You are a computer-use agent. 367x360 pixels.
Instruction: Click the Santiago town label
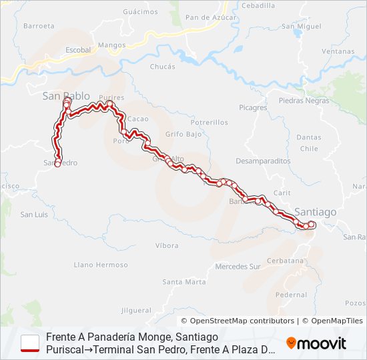pos(316,211)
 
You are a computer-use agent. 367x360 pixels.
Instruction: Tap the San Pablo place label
pos(66,96)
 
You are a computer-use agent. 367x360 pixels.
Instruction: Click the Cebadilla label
pos(258,5)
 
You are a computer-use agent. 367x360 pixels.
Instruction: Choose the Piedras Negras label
pos(304,101)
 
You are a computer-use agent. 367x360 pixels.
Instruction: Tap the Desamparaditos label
pos(263,161)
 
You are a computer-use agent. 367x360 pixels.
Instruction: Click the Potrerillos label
pos(209,123)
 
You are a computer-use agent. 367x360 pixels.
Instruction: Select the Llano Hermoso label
pos(101,265)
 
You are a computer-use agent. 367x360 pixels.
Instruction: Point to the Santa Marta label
pos(183,282)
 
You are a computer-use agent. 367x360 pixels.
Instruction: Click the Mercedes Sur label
pos(238,267)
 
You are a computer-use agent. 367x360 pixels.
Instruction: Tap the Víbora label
pos(166,245)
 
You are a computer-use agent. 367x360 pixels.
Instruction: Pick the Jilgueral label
pos(137,311)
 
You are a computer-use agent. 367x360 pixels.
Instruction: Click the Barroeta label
pos(39,26)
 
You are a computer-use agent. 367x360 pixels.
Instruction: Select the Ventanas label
pos(338,51)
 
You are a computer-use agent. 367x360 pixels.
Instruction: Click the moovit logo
pos(316,343)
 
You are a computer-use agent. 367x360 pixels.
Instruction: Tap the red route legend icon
pos(31,343)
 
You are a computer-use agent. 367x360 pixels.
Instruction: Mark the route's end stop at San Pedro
pos(58,163)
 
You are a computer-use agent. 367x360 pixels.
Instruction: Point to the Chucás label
pos(163,67)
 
